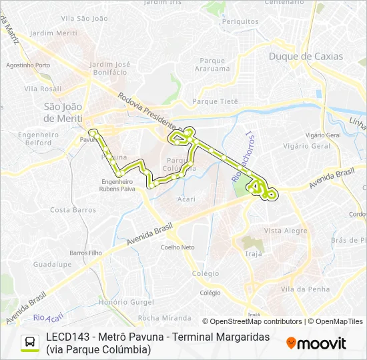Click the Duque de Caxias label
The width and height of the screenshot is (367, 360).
pyautogui.click(x=306, y=57)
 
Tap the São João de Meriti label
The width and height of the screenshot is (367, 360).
pyautogui.click(x=63, y=112)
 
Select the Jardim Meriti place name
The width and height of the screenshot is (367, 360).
pyautogui.click(x=54, y=33)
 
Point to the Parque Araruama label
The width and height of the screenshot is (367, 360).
pyautogui.click(x=213, y=64)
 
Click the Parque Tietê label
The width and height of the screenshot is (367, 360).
pyautogui.click(x=215, y=101)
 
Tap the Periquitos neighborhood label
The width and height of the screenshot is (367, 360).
pyautogui.click(x=240, y=21)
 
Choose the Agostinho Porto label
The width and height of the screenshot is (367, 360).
pyautogui.click(x=28, y=65)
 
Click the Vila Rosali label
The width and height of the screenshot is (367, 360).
pyautogui.click(x=42, y=88)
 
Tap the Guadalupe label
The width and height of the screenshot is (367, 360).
pyautogui.click(x=53, y=264)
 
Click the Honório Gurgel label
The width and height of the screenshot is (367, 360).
pyautogui.click(x=125, y=301)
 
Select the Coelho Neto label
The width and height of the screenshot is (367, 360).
pyautogui.click(x=177, y=247)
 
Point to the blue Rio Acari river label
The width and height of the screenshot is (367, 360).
pyautogui.click(x=47, y=317)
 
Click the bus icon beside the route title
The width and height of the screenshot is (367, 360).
pyautogui.click(x=30, y=343)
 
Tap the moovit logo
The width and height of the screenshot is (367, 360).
pyautogui.click(x=316, y=343)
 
